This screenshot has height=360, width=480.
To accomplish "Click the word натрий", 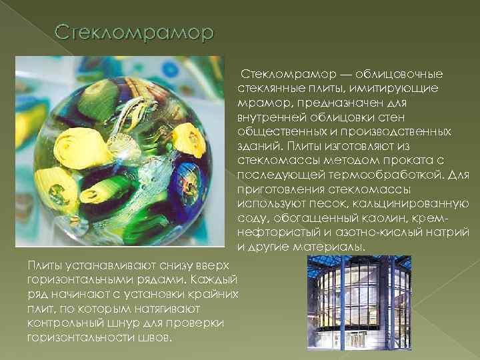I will pos(450,233).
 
